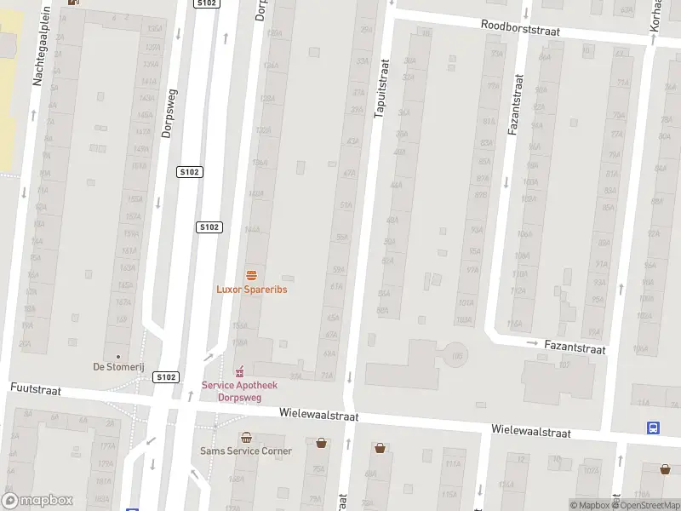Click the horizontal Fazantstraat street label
(x=576, y=349)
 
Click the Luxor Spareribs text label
(x=251, y=290)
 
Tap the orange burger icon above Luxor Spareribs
(x=251, y=275)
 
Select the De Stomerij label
(x=118, y=367)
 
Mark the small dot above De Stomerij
(x=118, y=357)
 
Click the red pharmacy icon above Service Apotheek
(x=239, y=371)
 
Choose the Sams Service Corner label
(x=245, y=451)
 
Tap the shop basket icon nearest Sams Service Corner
(x=321, y=443)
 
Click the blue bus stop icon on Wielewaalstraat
(x=653, y=428)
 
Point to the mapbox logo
(x=37, y=501)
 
